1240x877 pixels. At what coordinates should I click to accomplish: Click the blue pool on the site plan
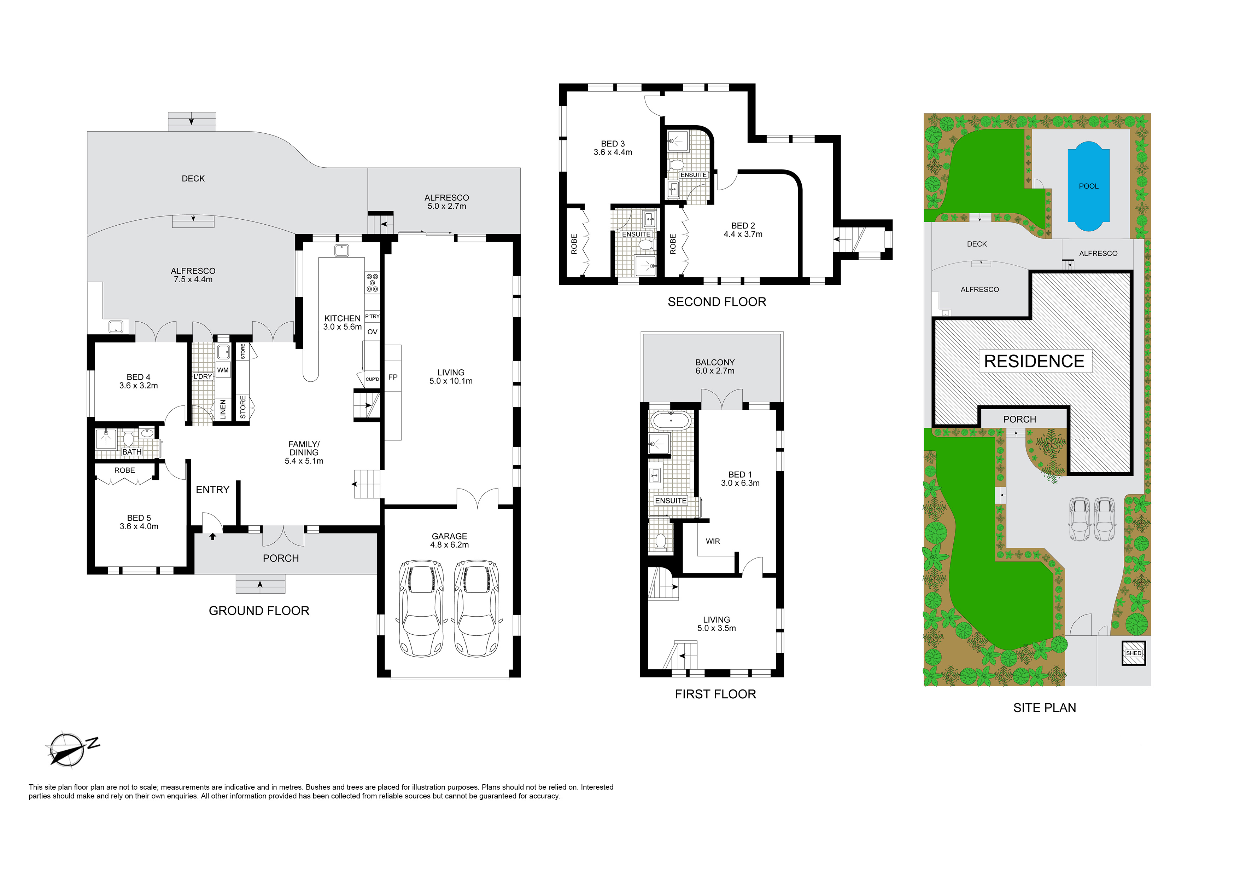[x=1088, y=186]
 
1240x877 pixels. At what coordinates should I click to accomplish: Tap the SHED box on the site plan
[x=1134, y=653]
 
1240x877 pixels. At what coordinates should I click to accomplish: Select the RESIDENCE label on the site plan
[x=1034, y=361]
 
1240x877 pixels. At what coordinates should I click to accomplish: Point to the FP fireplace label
[x=393, y=377]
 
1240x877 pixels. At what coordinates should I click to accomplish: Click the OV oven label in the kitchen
[x=372, y=332]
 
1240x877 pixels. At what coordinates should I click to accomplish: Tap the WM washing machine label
[x=222, y=370]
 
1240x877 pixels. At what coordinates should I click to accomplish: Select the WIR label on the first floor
[x=712, y=541]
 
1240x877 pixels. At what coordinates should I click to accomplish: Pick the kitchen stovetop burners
[x=373, y=283]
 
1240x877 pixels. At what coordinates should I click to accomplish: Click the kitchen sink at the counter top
[x=341, y=250]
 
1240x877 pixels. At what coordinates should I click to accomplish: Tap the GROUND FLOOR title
[x=259, y=611]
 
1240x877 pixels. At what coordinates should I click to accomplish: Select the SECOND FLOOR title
[x=716, y=301]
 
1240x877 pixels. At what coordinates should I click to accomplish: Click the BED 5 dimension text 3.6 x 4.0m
[x=139, y=526]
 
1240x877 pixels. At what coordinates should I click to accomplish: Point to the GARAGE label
[x=449, y=536]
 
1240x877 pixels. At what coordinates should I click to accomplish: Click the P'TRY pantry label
[x=372, y=316]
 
